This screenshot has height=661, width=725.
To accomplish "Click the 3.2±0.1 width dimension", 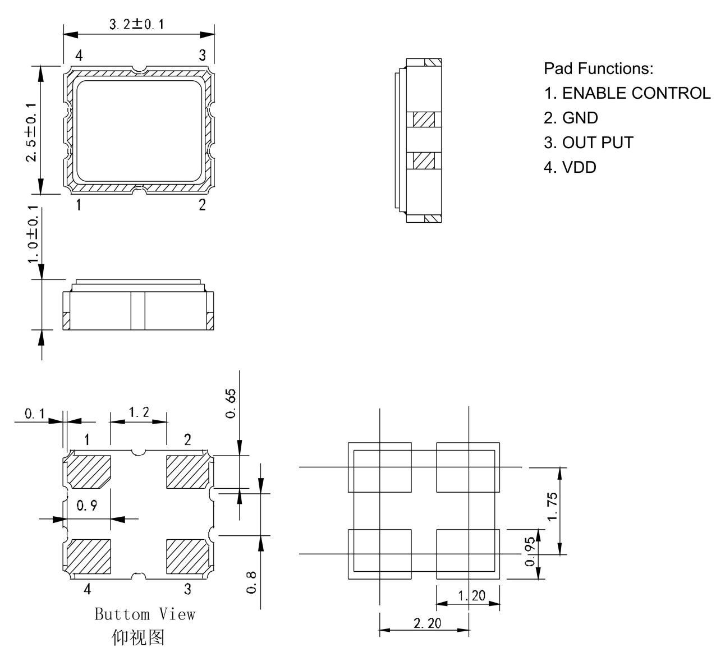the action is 136,24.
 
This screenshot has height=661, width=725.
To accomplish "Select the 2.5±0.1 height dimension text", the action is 31,132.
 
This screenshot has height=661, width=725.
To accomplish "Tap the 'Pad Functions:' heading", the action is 599,68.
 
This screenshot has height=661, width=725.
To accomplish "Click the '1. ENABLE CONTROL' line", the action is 627,93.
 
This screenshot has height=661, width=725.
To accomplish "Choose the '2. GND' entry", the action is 571,118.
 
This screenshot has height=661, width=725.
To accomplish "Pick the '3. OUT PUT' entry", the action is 589,143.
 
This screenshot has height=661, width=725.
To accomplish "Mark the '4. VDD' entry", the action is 570,167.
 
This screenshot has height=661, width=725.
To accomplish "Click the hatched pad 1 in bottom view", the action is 89,472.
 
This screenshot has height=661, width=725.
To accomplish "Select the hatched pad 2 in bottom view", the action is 187,472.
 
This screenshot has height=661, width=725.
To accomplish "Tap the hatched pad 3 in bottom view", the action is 187,557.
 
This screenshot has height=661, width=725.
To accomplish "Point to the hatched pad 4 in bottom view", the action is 89,557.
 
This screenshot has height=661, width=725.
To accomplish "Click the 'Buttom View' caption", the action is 145,614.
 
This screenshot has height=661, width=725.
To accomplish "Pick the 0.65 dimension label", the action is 231,403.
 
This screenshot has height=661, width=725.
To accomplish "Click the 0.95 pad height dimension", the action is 530,552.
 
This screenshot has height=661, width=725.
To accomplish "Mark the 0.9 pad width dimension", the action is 87,505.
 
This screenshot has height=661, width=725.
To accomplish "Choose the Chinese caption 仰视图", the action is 138,637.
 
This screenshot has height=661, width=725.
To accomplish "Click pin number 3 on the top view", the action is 203,56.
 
